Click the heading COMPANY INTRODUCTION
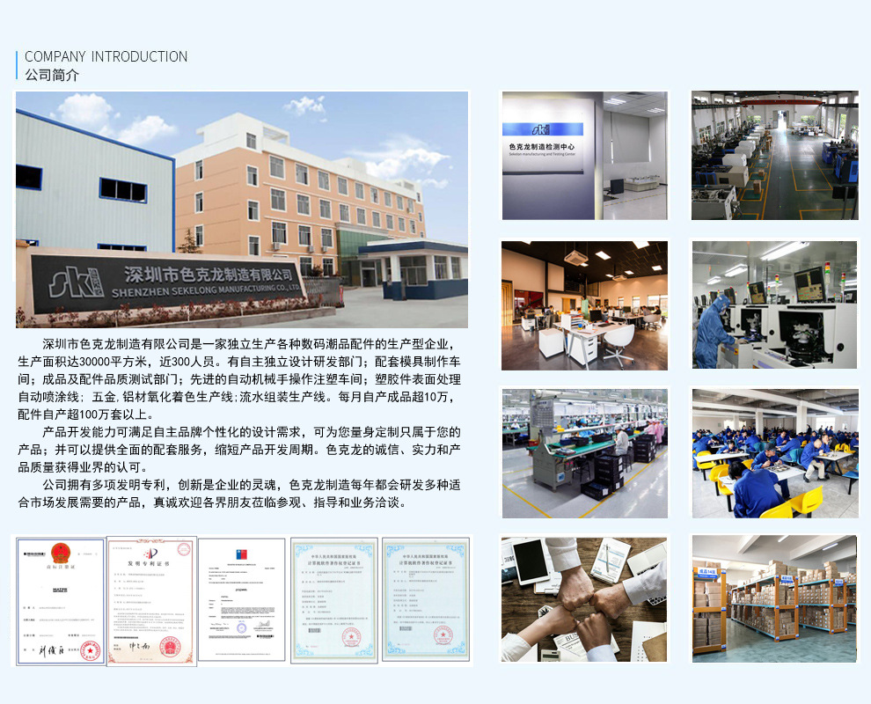click(x=106, y=56)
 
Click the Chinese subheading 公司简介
click(x=52, y=76)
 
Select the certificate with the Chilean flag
click(x=242, y=599)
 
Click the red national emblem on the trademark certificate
click(x=61, y=554)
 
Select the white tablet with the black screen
click(x=531, y=560)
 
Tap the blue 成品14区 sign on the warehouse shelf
click(x=706, y=570)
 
